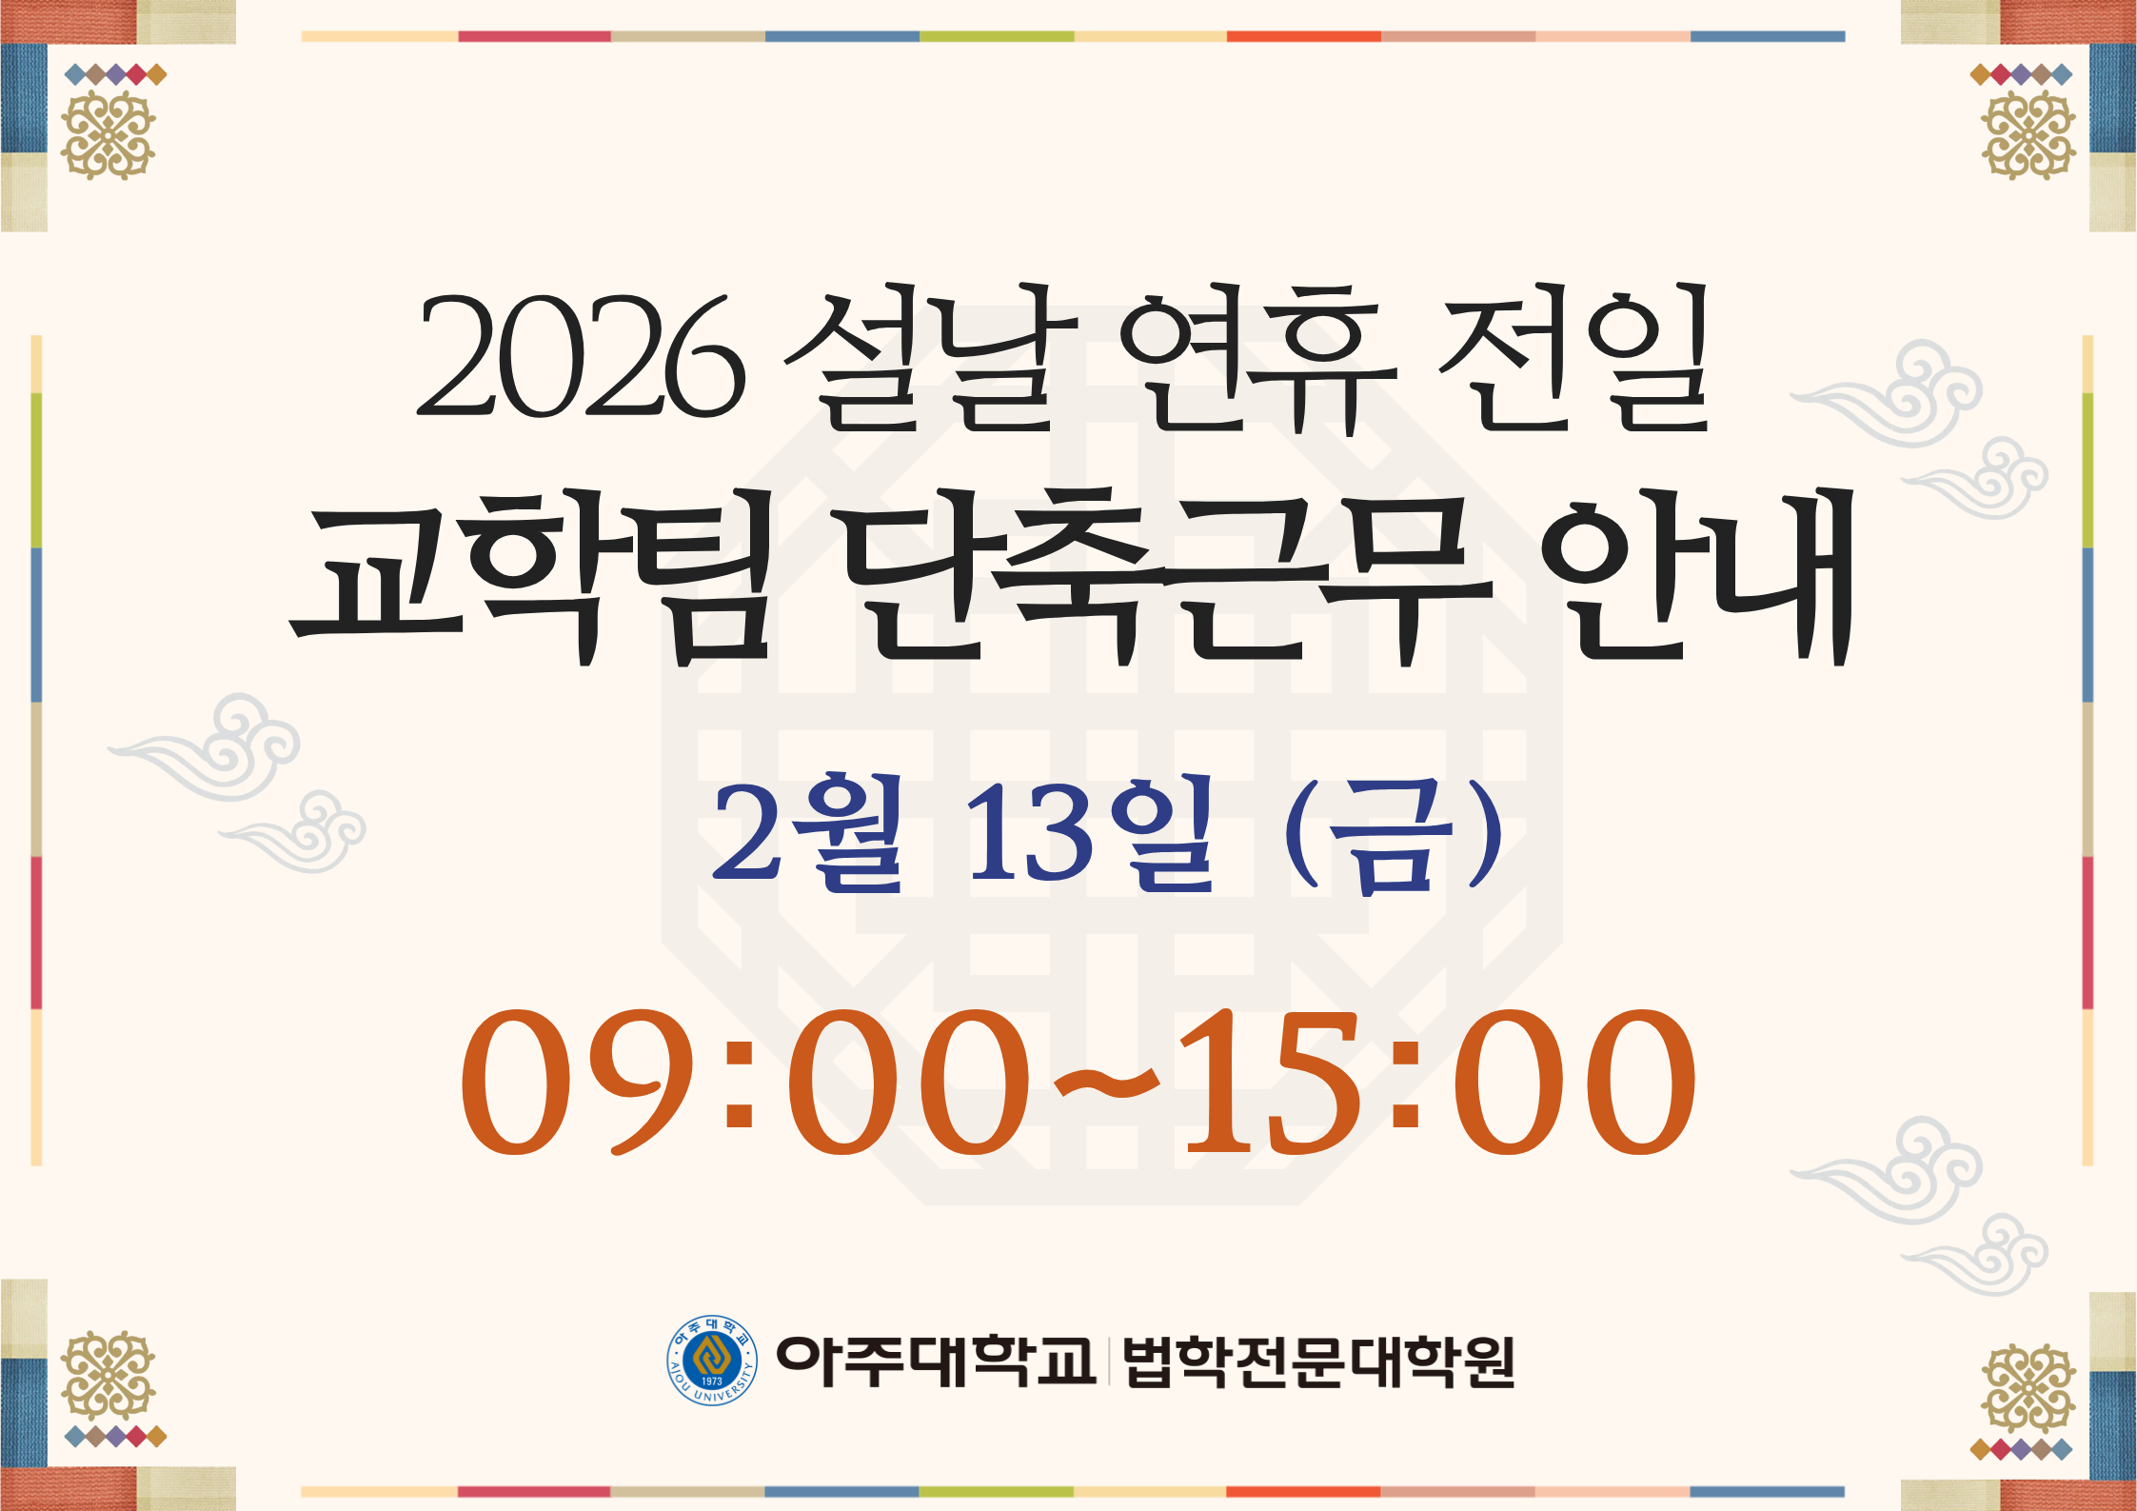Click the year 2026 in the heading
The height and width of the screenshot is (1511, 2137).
(x=580, y=356)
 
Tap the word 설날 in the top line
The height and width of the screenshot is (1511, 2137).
(x=930, y=356)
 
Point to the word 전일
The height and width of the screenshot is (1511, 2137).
(x=1573, y=356)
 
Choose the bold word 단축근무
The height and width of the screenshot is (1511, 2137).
(x=1166, y=576)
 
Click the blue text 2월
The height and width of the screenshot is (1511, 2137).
(x=807, y=831)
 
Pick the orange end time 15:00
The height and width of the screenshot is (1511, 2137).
(x=1436, y=1082)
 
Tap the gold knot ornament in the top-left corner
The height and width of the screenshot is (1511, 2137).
(x=108, y=135)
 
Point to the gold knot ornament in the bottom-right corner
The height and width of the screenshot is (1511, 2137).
(x=2028, y=1387)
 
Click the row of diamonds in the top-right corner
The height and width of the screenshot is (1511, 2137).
(x=2021, y=74)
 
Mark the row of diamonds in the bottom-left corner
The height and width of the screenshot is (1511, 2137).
(x=115, y=1437)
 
